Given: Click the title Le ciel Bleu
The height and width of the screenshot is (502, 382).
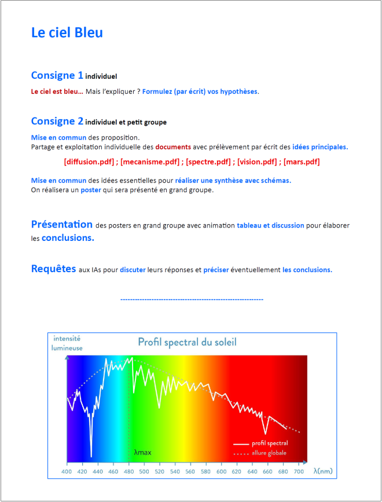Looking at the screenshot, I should tap(67, 32).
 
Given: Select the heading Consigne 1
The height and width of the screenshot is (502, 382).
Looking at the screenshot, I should tap(57, 75).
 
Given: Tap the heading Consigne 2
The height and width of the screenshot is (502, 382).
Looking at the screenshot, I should tap(57, 122).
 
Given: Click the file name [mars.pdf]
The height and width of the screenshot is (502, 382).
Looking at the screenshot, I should tap(302, 162).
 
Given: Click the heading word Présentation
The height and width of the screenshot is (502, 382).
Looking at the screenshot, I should tap(61, 225).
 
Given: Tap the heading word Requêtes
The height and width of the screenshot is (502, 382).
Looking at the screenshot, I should tap(53, 269).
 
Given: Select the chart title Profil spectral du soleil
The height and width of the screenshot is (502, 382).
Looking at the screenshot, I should tap(187, 342).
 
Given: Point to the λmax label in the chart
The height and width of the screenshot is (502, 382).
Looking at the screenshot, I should tap(142, 452).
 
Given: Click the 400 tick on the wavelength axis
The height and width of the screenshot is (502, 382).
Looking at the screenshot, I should tap(68, 471).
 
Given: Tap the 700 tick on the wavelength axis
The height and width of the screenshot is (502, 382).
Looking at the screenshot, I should tap(299, 471).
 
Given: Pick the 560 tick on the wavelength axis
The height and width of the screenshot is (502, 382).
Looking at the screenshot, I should tap(190, 471).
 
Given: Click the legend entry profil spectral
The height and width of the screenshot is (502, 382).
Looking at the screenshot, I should tap(269, 444).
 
